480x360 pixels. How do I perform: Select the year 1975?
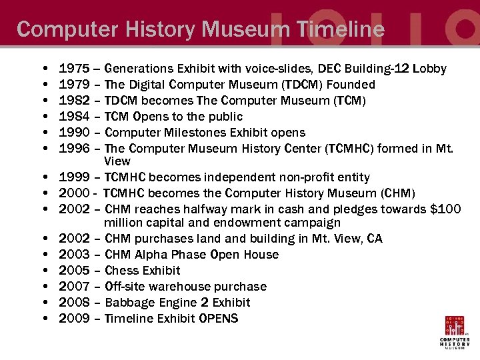tap(73, 69)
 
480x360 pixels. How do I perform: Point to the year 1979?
tap(73, 85)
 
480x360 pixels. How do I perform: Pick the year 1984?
tap(73, 117)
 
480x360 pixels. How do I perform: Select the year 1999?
tap(73, 177)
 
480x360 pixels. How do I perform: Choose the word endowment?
tap(249, 223)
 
